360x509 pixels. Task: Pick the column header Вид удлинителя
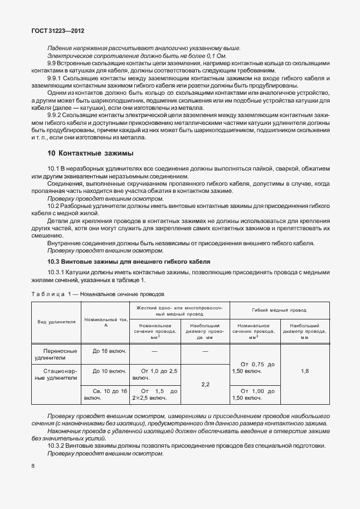[56, 323]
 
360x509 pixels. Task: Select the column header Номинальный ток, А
[105, 323]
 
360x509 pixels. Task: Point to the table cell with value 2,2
[205, 384]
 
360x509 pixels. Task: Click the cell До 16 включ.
[105, 352]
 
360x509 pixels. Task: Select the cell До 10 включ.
[105, 371]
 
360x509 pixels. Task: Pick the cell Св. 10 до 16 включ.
[105, 395]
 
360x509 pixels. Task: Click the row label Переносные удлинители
[56, 355]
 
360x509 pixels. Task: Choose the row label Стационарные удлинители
[56, 374]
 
